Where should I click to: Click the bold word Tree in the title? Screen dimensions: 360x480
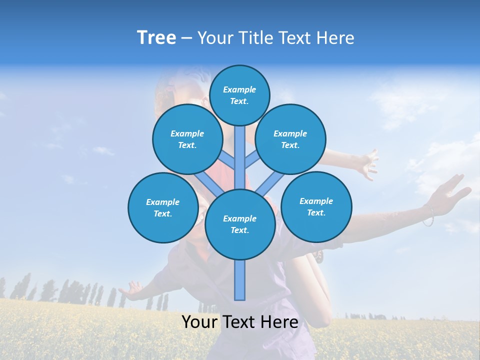click(x=156, y=37)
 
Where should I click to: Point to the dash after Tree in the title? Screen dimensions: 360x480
click(x=186, y=38)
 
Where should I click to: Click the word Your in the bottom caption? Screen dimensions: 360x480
click(x=199, y=322)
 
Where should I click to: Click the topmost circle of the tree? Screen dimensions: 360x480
click(x=239, y=95)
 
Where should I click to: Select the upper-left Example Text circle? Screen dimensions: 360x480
click(x=187, y=139)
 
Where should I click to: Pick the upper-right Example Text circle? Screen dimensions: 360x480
click(x=290, y=139)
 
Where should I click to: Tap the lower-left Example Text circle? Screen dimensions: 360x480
click(x=162, y=207)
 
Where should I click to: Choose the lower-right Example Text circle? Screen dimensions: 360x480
click(x=316, y=206)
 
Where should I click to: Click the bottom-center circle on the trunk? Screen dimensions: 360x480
click(x=239, y=224)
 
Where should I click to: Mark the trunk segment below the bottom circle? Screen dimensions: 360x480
click(x=239, y=280)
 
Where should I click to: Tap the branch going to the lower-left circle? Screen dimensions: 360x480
click(x=206, y=182)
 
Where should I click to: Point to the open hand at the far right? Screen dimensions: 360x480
click(x=452, y=192)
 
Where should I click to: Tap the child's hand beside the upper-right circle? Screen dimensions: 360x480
click(x=367, y=162)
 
